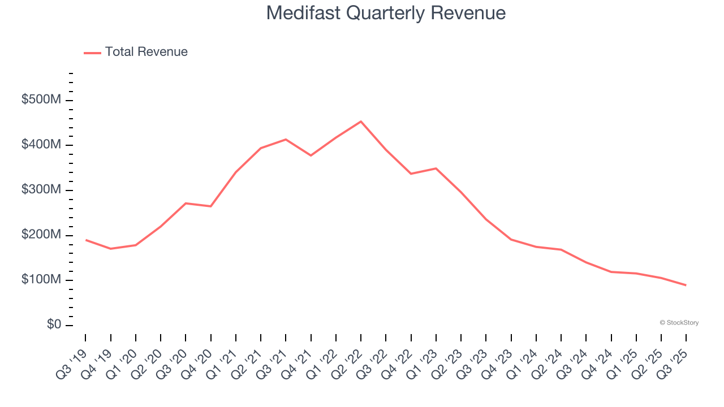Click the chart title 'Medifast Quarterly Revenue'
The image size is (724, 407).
point(386,13)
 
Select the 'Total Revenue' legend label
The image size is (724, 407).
point(146,52)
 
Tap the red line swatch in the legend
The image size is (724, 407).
point(92,53)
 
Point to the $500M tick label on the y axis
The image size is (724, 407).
point(41,100)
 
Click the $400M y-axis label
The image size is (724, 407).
point(41,145)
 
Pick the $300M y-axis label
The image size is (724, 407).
point(41,190)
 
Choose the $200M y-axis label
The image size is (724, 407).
point(41,235)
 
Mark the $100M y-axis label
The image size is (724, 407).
point(41,280)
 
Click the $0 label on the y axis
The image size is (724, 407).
point(55,325)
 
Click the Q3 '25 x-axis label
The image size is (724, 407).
point(675,356)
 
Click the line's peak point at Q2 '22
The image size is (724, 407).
point(361,122)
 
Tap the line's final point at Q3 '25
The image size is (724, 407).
point(686,285)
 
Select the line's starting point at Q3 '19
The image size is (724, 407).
point(86,240)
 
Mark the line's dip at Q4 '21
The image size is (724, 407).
point(311,155)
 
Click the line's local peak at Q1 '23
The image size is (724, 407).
point(436,168)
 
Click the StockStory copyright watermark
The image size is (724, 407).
point(679,323)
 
